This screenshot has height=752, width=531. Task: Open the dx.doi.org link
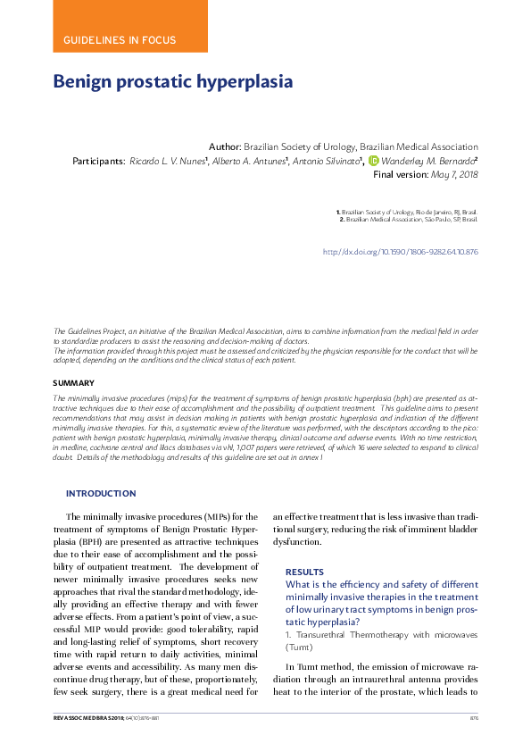tap(400, 252)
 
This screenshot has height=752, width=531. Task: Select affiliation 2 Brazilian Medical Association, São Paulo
tap(410, 219)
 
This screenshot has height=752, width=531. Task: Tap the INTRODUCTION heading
tap(101, 493)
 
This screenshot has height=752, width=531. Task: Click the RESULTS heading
tap(304, 572)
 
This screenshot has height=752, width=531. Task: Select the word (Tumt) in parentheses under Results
tap(299, 646)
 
